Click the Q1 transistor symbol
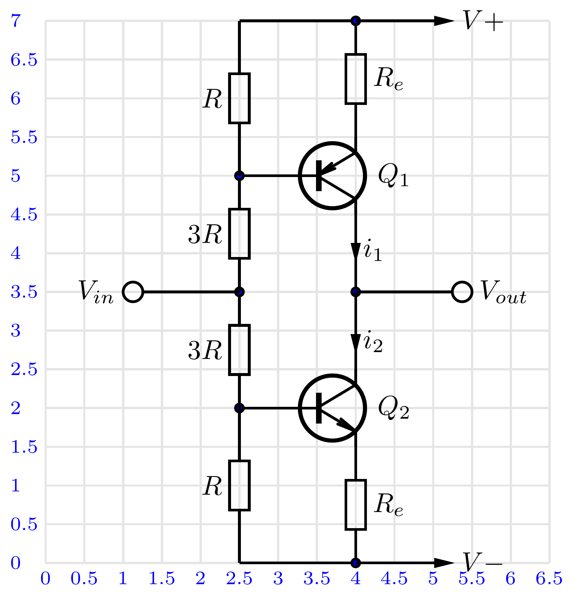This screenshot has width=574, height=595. [x=332, y=176]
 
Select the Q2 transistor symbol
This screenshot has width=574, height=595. [x=332, y=408]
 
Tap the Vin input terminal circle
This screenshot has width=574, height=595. [x=133, y=292]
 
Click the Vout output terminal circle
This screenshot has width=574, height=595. [x=462, y=292]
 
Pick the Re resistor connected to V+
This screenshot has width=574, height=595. [x=356, y=79]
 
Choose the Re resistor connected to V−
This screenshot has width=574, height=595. [x=356, y=505]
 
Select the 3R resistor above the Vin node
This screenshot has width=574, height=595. [x=240, y=234]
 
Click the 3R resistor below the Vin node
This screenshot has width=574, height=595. [x=240, y=350]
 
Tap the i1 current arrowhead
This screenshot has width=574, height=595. [x=356, y=250]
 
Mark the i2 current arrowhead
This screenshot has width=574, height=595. [x=356, y=342]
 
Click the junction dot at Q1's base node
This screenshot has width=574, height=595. [x=240, y=176]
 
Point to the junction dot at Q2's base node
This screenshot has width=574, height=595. [x=240, y=408]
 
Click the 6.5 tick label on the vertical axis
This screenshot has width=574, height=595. [x=24, y=60]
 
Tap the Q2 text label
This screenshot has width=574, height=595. [x=393, y=408]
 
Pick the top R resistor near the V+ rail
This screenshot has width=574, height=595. [x=240, y=98]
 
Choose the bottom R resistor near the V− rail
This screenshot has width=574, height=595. [x=240, y=486]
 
